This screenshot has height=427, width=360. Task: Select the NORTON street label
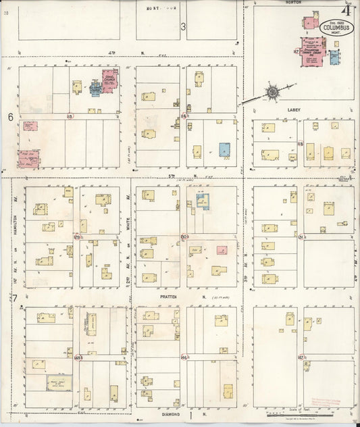point(293,3)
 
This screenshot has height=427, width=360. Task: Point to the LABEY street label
point(293,109)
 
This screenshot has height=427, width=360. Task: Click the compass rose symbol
point(272,91)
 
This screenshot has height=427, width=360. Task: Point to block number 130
point(184,236)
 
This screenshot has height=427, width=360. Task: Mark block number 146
point(184,356)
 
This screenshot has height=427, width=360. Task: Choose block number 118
point(300,144)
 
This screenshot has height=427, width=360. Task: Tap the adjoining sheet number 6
point(11,117)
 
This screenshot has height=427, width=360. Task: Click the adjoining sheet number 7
point(12,298)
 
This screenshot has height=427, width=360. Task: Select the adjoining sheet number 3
point(183,26)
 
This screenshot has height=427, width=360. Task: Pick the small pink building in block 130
point(222,250)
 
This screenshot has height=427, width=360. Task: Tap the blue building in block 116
point(224,149)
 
